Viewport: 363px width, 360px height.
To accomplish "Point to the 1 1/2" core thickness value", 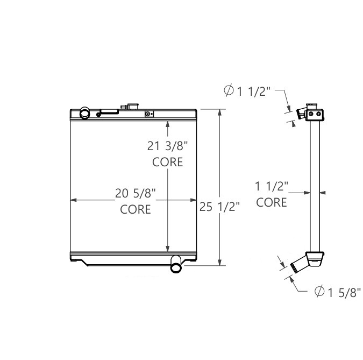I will point(272,187).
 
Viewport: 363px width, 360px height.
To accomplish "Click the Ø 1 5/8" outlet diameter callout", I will point(337,292).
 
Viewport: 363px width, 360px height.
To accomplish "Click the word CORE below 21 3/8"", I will point(167,162).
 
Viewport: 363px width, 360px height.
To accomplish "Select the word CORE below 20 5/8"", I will point(135,209).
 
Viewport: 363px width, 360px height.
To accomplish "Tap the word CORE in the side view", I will point(272,202).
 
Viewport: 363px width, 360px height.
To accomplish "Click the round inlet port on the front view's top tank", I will point(85,114).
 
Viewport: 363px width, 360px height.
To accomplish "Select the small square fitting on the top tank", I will point(149,114).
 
